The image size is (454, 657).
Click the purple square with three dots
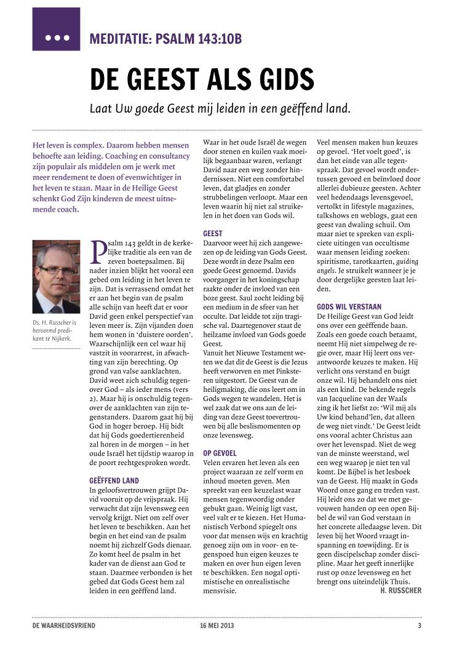coord(56,29)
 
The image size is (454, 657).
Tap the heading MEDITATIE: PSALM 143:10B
coord(165,39)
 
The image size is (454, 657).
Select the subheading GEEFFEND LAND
coord(114,480)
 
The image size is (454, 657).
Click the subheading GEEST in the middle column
coord(213,234)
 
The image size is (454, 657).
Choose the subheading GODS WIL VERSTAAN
coord(349,306)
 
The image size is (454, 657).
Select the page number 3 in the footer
coord(420,626)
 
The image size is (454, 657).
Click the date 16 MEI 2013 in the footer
coord(217,626)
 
